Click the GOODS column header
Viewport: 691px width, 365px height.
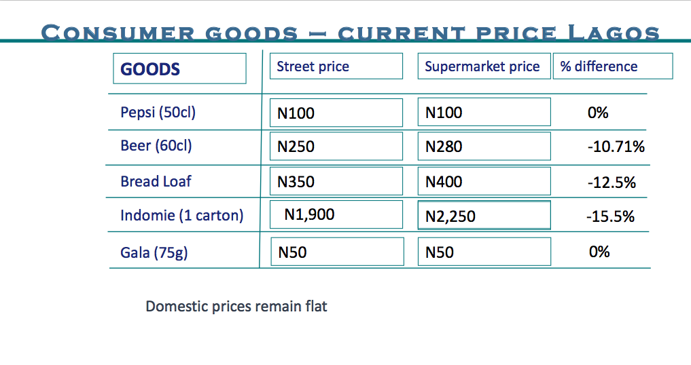[179, 69]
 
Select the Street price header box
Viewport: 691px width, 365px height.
[336, 66]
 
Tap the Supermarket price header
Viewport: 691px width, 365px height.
[483, 66]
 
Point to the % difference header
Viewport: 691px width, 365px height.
[612, 66]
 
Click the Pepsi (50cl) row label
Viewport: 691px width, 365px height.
[158, 112]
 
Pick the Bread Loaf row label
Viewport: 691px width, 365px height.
[156, 181]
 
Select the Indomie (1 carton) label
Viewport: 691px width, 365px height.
[181, 216]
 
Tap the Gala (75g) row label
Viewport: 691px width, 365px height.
[154, 252]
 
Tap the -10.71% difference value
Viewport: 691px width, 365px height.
[616, 147]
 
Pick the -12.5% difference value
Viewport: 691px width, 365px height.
[611, 182]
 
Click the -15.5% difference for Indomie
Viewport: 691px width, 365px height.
[609, 217]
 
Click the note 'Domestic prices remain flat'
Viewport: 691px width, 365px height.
[236, 306]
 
